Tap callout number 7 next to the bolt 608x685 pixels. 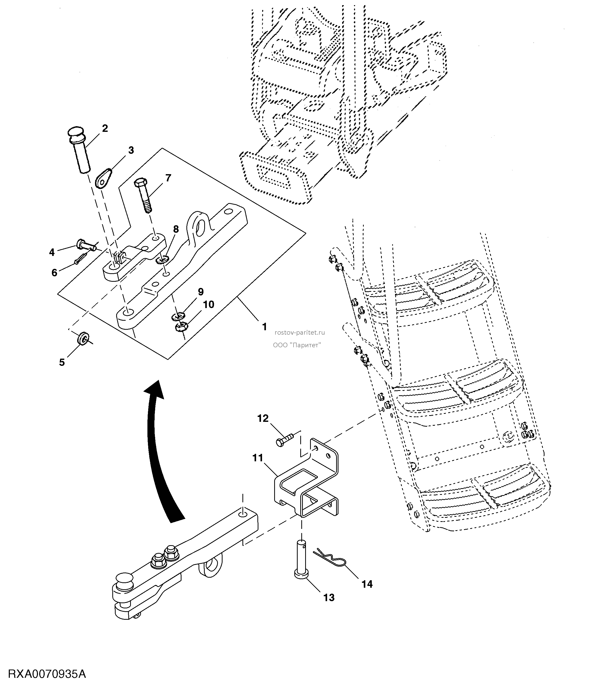pos(168,178)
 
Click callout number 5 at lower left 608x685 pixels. pos(62,362)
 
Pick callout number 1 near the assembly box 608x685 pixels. pos(265,327)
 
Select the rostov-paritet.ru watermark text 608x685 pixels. pos(299,333)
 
